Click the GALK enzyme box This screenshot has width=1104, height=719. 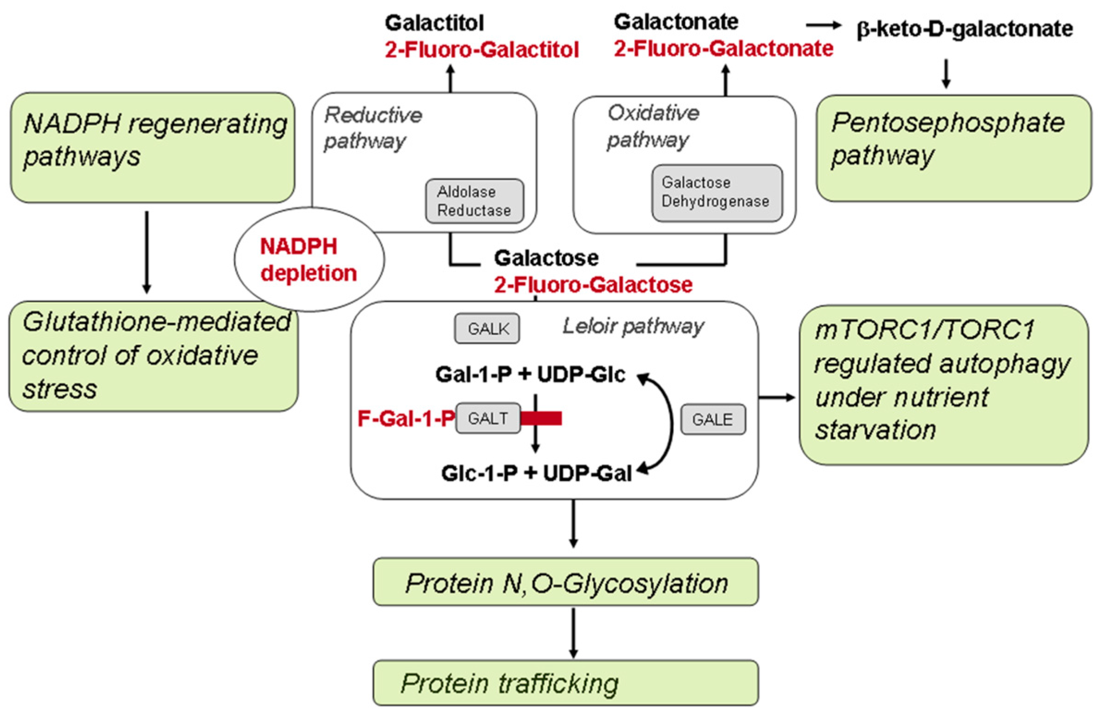pos(486,329)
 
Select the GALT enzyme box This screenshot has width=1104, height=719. pos(487,418)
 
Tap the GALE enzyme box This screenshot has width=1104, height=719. pos(712,420)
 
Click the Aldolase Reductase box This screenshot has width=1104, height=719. pos(474,201)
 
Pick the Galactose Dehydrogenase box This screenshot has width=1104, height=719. pos(716,193)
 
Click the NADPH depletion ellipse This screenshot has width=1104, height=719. pos(309,260)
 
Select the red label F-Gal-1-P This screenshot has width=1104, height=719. pos(406,419)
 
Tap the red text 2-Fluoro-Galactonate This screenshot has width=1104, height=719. pos(723,49)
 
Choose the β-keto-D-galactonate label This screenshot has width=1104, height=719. pos(964,30)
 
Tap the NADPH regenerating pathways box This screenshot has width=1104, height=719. pos(152,147)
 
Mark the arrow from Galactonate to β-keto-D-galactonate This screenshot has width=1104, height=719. pos(823,25)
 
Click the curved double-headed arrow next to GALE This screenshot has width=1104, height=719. pos(670,423)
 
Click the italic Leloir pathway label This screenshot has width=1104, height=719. pos(633,327)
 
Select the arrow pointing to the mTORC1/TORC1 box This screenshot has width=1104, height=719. pos(776,397)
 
